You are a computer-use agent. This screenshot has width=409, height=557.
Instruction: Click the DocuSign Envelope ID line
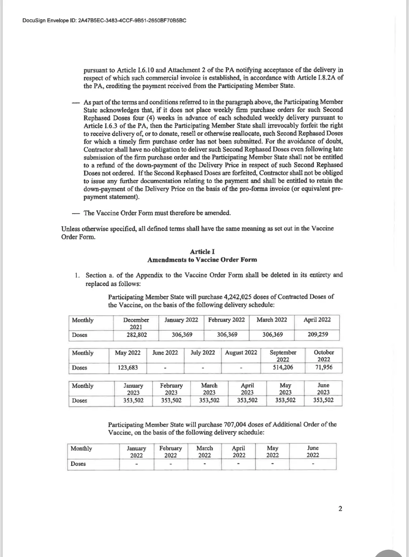pos(105,20)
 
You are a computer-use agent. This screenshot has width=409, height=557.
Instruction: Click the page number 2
pos(340,509)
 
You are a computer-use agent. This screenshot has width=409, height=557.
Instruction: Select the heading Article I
pos(202,251)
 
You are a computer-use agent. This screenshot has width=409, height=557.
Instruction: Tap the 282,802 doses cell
pos(136,335)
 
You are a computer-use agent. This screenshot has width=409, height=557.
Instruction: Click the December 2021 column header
pos(136,323)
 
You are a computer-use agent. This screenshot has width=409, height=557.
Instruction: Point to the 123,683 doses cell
pos(128,368)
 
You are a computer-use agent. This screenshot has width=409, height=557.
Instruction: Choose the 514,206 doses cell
pos(283,367)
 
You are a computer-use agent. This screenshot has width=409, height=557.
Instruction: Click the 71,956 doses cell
pos(323,367)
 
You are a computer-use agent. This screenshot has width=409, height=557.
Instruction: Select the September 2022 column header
pos(283,356)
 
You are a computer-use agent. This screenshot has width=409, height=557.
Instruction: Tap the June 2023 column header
pos(323,389)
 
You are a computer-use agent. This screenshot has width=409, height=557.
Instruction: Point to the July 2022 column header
pos(203,353)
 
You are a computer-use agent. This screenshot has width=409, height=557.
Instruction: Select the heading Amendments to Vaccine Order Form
pos(202,260)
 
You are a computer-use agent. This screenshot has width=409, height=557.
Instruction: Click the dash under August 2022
pos(241,368)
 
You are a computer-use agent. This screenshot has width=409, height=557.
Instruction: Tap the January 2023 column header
pos(133,389)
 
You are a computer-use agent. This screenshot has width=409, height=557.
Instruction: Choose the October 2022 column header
pos(323,356)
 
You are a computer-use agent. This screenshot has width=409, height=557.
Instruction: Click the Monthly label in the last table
pos(81,448)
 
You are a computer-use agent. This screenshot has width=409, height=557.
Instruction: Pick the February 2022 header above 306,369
pos(226,320)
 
